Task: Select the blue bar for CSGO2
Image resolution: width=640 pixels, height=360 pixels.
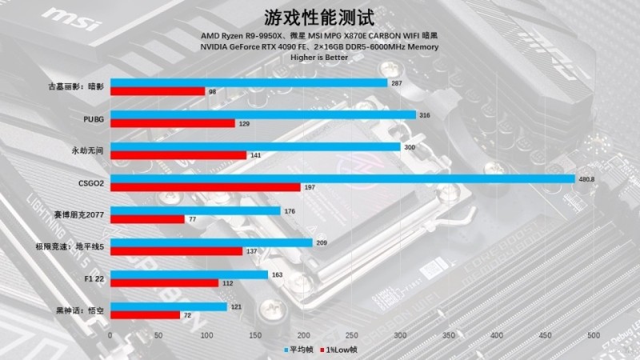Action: pos(342,178)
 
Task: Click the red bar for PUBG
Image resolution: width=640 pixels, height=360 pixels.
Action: pos(172,123)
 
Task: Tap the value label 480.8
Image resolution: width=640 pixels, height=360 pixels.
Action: pos(586,178)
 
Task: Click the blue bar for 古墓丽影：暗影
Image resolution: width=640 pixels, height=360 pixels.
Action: pos(248,83)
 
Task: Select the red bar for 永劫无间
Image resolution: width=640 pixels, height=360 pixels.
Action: pos(178,155)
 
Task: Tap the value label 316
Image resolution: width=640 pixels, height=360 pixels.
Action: pos(425,115)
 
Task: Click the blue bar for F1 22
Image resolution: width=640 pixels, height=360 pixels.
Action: pos(189,274)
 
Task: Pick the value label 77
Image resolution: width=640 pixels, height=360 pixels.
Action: pos(192,218)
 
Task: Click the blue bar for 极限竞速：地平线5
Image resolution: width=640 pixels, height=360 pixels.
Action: pos(211,242)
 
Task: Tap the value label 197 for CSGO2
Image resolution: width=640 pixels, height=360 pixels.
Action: pos(311,187)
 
